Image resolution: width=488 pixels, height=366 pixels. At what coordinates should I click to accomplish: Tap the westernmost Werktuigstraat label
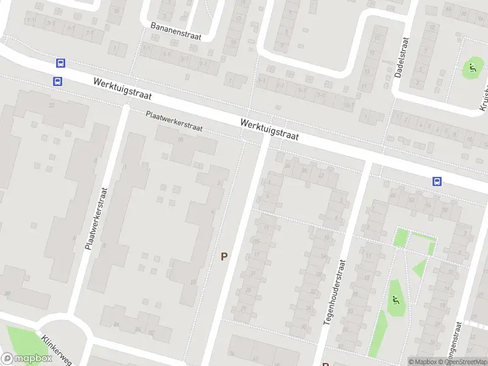(x=123, y=89)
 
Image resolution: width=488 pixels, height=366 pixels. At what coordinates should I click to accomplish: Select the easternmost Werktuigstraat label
(x=269, y=130)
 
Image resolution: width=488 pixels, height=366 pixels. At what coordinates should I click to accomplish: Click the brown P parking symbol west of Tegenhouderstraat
(x=224, y=257)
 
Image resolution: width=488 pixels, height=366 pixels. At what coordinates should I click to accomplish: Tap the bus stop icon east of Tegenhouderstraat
(x=437, y=181)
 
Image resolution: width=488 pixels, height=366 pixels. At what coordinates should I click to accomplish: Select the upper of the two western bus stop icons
(x=60, y=63)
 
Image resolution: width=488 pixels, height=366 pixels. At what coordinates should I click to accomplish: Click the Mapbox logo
(x=26, y=359)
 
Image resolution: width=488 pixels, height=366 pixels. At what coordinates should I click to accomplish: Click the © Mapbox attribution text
(x=422, y=362)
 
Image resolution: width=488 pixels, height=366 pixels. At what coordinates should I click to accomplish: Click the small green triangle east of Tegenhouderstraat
(x=420, y=267)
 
